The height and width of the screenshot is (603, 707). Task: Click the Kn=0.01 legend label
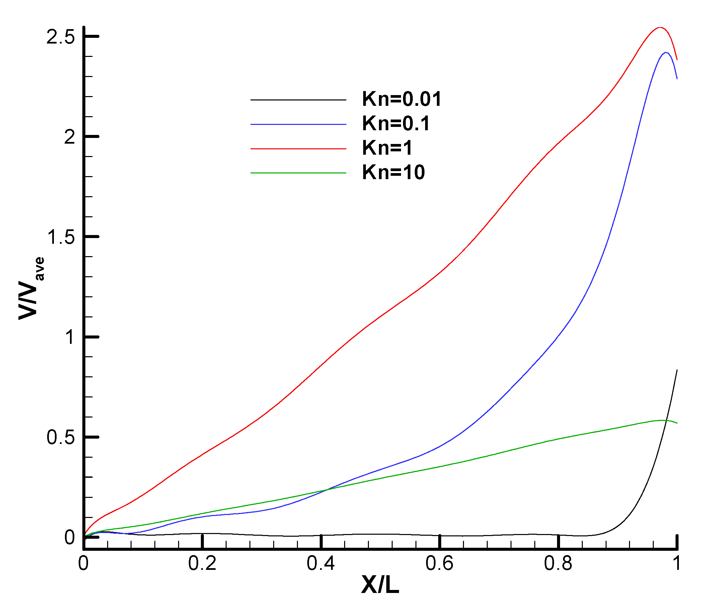click(402, 99)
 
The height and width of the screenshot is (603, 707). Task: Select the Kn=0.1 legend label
click(396, 124)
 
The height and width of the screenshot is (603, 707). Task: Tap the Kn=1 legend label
click(387, 148)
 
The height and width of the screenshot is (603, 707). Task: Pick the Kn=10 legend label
click(393, 172)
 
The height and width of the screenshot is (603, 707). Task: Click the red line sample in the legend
click(298, 149)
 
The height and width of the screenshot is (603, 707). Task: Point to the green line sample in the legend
click(298, 173)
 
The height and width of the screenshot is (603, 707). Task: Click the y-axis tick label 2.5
click(60, 37)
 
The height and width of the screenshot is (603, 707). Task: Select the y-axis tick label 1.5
click(60, 237)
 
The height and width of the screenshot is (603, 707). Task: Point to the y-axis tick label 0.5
click(60, 437)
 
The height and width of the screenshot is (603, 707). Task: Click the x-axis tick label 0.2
click(202, 563)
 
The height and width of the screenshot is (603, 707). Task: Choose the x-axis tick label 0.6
click(439, 563)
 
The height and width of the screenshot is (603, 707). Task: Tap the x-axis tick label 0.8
click(558, 563)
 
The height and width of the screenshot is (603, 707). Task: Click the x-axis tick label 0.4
click(321, 563)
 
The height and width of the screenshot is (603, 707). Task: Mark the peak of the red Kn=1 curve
click(660, 28)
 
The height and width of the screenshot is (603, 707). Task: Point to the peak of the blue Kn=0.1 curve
click(666, 53)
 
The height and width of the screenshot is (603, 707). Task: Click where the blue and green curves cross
click(326, 490)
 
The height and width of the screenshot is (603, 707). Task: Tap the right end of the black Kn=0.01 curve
click(677, 370)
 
